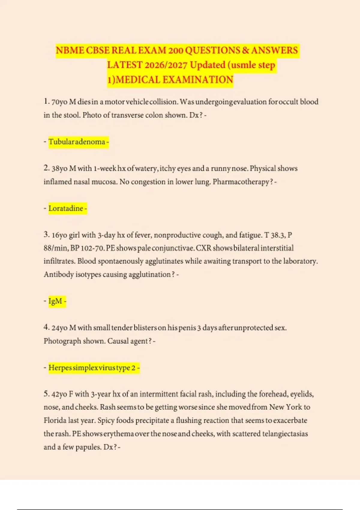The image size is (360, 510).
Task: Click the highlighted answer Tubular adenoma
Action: (x=77, y=142)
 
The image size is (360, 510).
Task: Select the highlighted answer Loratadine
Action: (x=66, y=208)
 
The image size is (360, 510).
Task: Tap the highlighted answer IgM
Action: (x=55, y=301)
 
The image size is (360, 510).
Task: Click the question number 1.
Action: (x=46, y=102)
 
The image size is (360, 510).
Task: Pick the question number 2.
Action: (x=46, y=168)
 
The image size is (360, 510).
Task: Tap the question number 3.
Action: (x=46, y=235)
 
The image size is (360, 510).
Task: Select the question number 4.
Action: (x=46, y=327)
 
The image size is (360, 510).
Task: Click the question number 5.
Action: (x=46, y=394)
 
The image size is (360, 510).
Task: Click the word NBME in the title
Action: (x=70, y=50)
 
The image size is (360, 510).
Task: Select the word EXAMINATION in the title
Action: (x=198, y=80)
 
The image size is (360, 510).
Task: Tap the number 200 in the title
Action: (x=175, y=50)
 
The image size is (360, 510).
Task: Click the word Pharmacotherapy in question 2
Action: (x=241, y=182)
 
